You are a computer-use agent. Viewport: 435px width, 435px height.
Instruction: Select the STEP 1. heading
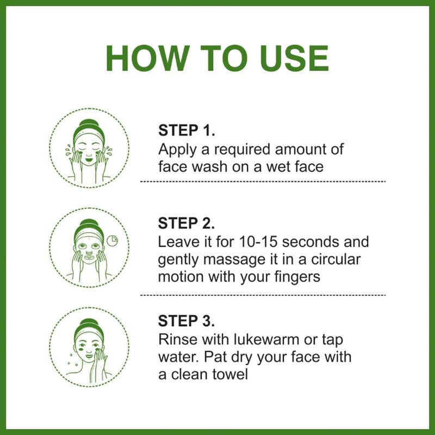(187, 131)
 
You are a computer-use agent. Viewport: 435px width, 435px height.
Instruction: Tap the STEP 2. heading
(187, 223)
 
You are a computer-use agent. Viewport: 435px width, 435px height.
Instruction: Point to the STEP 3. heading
(187, 320)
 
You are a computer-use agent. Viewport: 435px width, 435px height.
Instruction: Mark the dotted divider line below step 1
(263, 181)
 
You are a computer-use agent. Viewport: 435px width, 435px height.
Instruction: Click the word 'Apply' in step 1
(175, 149)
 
